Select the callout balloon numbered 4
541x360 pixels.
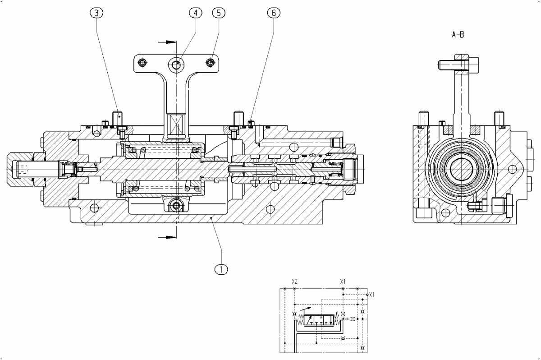click(x=195, y=13)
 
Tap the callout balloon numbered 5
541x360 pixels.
click(x=218, y=13)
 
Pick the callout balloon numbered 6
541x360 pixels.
click(x=273, y=13)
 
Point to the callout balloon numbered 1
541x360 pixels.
click(x=221, y=269)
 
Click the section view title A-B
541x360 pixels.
click(x=458, y=34)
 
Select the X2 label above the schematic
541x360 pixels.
click(x=294, y=282)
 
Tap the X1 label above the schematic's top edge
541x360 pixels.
click(x=343, y=282)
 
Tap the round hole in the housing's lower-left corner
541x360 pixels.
click(x=94, y=208)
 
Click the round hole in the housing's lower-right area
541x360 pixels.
click(x=270, y=209)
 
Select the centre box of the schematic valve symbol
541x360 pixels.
click(x=319, y=320)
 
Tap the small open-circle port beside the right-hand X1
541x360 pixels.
click(x=367, y=295)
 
